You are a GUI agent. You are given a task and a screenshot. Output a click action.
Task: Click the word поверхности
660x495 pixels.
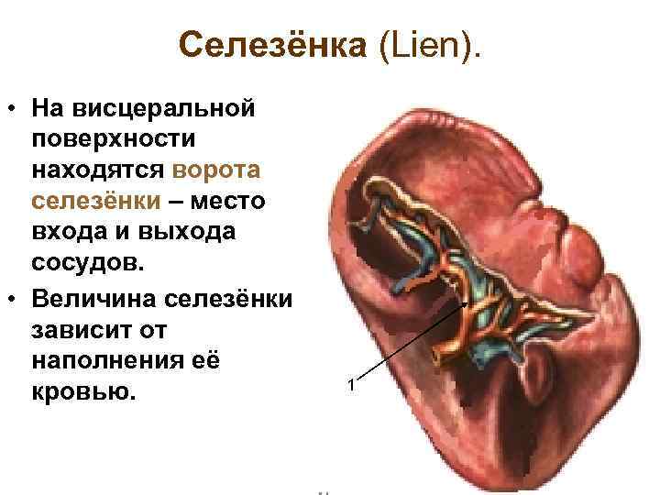pyautogui.click(x=113, y=139)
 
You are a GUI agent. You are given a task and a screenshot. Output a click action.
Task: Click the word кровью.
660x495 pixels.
pyautogui.click(x=82, y=391)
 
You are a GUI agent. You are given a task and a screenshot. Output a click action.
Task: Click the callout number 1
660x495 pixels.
pyautogui.click(x=350, y=383)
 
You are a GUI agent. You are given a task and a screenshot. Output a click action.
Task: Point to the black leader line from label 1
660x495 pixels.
pyautogui.click(x=412, y=338)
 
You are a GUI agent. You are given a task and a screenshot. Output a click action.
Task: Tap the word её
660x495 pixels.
pyautogui.click(x=207, y=360)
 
